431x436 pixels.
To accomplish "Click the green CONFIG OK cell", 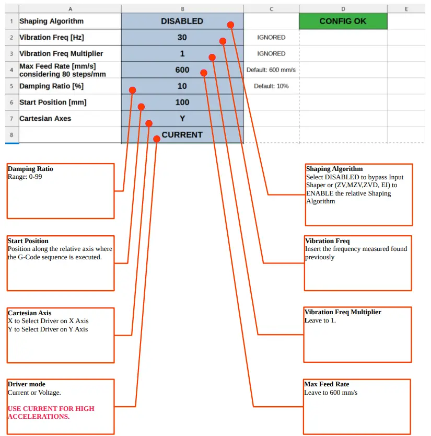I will pos(343,21).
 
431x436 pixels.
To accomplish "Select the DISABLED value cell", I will pos(182,21).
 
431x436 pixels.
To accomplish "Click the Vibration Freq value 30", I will pos(182,38).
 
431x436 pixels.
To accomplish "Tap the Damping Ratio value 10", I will pos(182,86).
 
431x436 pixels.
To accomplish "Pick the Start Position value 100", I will pos(182,102).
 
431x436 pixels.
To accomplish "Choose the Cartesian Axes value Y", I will pos(182,119).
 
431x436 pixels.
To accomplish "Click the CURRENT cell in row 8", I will pos(182,135).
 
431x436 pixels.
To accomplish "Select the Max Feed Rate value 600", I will pos(182,70).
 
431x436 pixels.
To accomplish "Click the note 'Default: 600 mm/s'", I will pos(271,70).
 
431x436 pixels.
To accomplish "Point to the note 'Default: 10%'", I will pos(271,86).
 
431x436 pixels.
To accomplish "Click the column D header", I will pos(343,9).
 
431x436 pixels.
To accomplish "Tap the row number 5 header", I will pos(11,86).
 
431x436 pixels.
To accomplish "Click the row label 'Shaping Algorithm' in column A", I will pos(51,21).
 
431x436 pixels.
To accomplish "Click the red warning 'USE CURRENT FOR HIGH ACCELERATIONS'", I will pos(51,412).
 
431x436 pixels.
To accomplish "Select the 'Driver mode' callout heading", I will pos(27,384).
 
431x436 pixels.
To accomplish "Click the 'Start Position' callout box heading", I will pos(28,241).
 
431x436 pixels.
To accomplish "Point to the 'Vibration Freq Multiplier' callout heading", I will pos(343,312).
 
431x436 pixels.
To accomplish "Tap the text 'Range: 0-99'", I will pos(26,177).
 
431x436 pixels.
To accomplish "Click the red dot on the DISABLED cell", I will pos(230,25).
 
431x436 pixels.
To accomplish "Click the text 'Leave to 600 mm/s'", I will pos(331,392).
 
